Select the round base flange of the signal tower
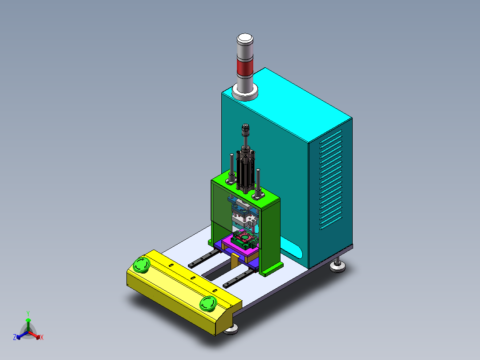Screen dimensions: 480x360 pos(245,93)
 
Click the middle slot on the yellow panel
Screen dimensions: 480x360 pos(193,278)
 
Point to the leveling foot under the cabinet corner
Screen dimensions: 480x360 pos(338,266)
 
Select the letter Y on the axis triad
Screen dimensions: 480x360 pos(28,314)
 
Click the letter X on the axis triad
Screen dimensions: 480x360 pos(42,337)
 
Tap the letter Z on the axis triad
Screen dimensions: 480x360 pos(15,337)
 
